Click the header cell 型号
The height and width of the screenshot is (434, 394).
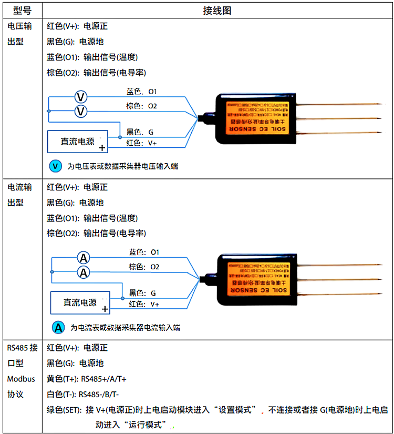(22, 11)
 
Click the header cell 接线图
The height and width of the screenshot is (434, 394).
(217, 11)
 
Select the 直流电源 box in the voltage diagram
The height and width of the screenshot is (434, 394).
(78, 142)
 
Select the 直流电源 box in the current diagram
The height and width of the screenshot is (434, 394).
(80, 302)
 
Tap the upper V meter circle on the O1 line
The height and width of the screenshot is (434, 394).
(81, 97)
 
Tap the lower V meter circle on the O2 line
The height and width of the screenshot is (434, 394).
(81, 112)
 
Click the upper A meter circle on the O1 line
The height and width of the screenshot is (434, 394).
(84, 258)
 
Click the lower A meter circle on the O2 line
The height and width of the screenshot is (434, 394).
(84, 272)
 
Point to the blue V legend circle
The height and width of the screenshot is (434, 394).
(55, 166)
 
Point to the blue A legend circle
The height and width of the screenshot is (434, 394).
(58, 327)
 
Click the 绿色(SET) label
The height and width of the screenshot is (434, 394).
(65, 409)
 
